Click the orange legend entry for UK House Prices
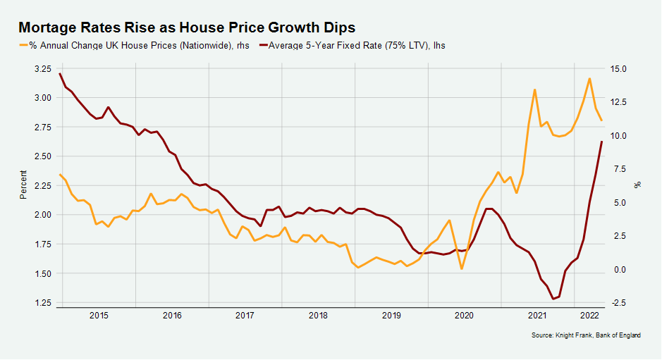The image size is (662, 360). [134, 45]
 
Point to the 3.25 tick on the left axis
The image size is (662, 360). [42, 69]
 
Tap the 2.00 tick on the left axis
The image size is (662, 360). [42, 215]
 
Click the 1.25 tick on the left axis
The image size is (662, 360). [42, 303]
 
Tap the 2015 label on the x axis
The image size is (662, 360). [99, 316]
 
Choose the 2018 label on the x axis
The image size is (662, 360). [318, 316]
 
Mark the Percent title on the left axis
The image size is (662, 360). [23, 185]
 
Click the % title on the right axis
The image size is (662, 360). [638, 185]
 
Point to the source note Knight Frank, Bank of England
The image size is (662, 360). [586, 336]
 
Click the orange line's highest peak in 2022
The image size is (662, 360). [589, 78]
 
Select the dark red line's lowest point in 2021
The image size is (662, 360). [553, 299]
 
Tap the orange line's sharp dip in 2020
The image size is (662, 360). [462, 269]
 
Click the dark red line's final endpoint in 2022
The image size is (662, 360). [601, 142]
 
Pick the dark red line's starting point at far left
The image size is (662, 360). [60, 73]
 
